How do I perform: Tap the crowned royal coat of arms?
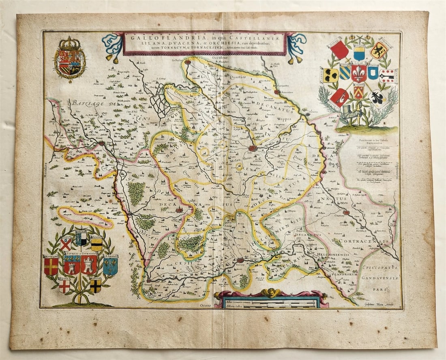(x=70, y=58)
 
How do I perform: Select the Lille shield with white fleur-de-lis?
(x=359, y=73)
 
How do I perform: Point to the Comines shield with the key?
(x=388, y=76)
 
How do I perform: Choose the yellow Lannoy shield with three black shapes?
(x=331, y=75)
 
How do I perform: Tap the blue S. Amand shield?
(x=110, y=265)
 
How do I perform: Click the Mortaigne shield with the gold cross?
(x=51, y=266)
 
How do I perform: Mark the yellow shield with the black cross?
(x=95, y=286)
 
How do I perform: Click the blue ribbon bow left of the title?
(x=112, y=45)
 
